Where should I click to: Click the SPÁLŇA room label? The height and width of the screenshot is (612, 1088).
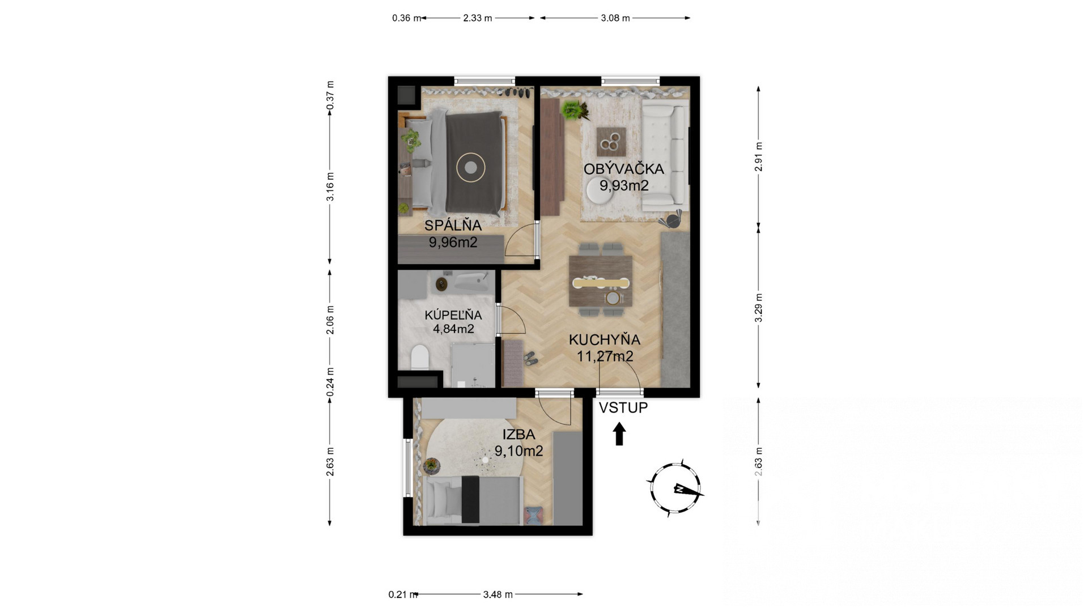(453, 225)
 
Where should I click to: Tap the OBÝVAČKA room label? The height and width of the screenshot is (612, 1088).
(623, 169)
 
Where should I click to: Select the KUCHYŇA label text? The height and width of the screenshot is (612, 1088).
(604, 340)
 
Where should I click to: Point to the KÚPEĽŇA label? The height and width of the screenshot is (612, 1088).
(453, 314)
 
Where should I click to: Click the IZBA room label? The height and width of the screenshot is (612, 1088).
(518, 435)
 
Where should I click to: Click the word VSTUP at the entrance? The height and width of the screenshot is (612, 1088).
(623, 407)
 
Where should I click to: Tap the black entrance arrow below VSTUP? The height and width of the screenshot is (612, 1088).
(619, 433)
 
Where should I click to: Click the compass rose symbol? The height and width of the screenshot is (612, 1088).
(674, 488)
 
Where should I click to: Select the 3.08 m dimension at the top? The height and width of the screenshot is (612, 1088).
(615, 18)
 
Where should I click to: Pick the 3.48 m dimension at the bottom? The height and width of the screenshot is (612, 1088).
(498, 594)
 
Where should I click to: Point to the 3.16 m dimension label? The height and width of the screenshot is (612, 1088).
(330, 186)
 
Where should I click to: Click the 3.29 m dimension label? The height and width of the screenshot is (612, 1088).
(758, 308)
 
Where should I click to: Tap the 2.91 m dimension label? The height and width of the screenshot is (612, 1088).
(758, 156)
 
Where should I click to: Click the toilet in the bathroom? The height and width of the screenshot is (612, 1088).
(419, 356)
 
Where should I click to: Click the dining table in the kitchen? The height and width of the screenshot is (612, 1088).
(601, 281)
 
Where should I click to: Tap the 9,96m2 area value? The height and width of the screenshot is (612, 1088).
(453, 243)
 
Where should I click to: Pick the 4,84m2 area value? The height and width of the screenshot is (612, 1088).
(453, 329)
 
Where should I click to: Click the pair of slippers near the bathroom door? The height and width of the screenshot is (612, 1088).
(530, 358)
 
